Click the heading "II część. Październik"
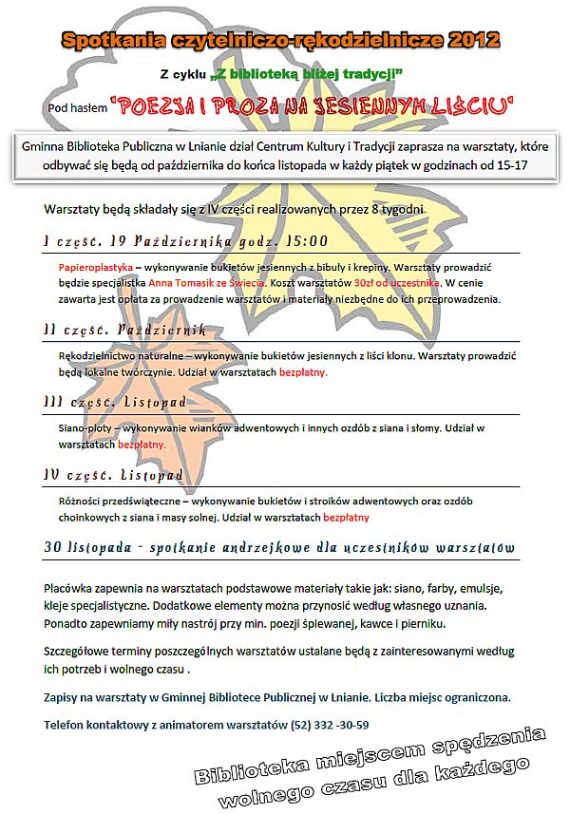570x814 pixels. (125, 329)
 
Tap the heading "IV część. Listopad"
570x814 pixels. (113, 474)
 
